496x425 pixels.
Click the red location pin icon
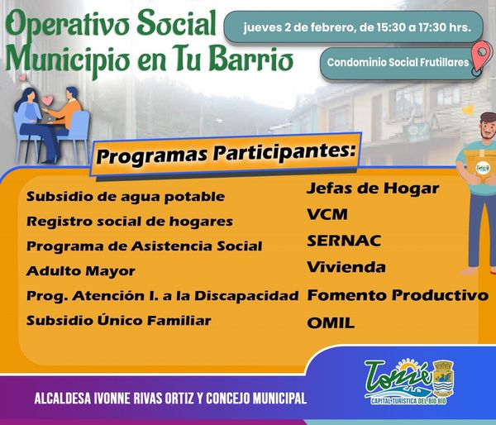pos(481,57)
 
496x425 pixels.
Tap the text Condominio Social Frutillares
pos(398,62)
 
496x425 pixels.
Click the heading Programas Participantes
pos(224,154)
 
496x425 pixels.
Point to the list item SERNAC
pos(344,241)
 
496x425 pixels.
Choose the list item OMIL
pos(331,323)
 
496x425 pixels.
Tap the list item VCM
pos(327,214)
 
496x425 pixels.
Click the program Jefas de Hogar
pos(373,189)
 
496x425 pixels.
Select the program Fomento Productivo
pos(398,295)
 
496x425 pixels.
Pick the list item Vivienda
pos(346,267)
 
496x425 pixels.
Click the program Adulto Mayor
pos(81,271)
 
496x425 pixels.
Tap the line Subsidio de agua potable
pos(126,197)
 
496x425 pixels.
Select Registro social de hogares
pos(130,222)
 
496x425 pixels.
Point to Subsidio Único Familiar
pos(118,321)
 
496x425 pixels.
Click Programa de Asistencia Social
pos(144,246)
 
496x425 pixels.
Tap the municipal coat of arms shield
pos(443,378)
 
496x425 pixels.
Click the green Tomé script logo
pos(398,378)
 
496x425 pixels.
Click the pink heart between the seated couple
pos(47,100)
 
